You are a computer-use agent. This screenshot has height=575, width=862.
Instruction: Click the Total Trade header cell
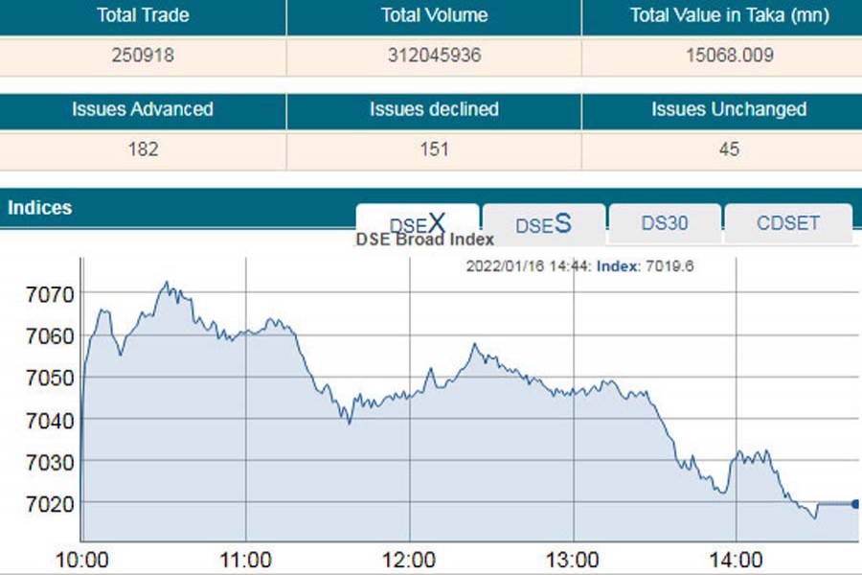coord(143,15)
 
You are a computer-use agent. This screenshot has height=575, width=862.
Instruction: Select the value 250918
coord(143,56)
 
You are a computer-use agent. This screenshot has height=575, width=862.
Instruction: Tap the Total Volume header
coord(434,15)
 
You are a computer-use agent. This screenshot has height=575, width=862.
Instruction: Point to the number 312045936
coord(434,56)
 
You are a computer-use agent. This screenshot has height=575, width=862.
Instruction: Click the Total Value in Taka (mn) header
coord(729,15)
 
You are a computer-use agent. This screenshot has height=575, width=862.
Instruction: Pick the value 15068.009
coord(729,56)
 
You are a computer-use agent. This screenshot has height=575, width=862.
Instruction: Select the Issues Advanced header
coord(143,109)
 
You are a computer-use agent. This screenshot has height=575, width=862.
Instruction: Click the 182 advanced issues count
coord(143,149)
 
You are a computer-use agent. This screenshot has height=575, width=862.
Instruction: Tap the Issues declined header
coord(434,109)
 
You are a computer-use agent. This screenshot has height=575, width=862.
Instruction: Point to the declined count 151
coord(434,149)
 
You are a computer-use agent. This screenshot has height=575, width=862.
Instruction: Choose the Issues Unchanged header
coord(729,109)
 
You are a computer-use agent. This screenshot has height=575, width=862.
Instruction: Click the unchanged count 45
coord(729,149)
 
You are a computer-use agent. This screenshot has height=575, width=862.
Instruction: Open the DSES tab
coord(543,224)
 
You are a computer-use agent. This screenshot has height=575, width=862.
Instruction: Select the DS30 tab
coord(665,223)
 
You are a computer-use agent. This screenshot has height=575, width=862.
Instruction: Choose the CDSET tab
coord(788,223)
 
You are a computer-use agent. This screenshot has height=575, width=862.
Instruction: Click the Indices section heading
coord(40,207)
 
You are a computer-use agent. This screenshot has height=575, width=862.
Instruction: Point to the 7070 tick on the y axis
coord(45,292)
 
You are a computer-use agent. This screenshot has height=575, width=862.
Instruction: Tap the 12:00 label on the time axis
coord(410,560)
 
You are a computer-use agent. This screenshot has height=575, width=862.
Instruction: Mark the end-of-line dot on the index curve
coord(855,504)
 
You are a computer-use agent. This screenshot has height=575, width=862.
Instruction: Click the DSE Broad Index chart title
coord(424,240)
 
